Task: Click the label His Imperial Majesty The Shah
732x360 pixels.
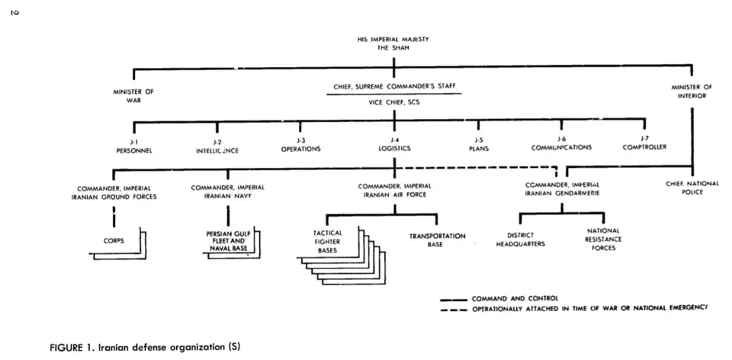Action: pyautogui.click(x=393, y=43)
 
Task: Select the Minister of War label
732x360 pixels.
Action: pyautogui.click(x=133, y=95)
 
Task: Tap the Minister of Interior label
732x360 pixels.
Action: pyautogui.click(x=691, y=92)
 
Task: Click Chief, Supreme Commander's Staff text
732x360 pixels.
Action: pyautogui.click(x=394, y=87)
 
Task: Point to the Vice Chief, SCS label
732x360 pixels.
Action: pyautogui.click(x=394, y=102)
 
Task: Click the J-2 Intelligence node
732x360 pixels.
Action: pyautogui.click(x=217, y=146)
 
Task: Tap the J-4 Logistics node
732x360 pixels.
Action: pyautogui.click(x=394, y=145)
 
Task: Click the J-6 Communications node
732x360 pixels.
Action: pyautogui.click(x=561, y=144)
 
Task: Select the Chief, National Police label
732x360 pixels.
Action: pyautogui.click(x=692, y=188)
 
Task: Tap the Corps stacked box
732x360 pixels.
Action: pyautogui.click(x=114, y=240)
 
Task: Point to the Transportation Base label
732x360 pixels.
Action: pyautogui.click(x=437, y=240)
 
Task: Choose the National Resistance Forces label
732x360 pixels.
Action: pyautogui.click(x=603, y=239)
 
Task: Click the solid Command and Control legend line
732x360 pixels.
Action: pyautogui.click(x=454, y=298)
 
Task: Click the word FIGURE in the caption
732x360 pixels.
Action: pyautogui.click(x=68, y=346)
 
